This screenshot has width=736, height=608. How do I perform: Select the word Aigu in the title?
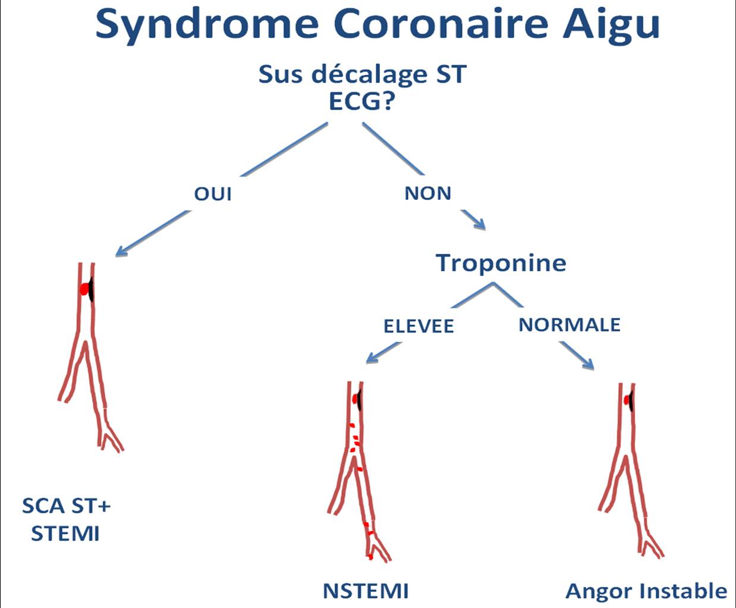coord(611,26)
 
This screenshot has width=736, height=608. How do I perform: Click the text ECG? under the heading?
coord(361,102)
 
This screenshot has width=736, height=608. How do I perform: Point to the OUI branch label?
coord(213,193)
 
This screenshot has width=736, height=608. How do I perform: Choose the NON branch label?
coord(428,193)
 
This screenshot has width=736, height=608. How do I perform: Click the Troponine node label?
coord(501,264)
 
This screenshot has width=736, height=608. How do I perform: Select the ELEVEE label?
coord(419,326)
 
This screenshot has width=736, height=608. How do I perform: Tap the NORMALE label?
coord(570,324)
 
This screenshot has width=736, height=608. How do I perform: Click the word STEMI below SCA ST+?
coord(65,534)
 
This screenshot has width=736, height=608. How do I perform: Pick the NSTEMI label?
coord(366,591)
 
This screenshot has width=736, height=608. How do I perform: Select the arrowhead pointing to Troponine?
coord(481,225)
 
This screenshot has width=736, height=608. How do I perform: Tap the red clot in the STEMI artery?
coord(84,289)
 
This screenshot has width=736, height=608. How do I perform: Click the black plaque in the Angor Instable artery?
coord(631,400)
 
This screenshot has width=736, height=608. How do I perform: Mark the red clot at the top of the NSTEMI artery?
coord(354,399)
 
